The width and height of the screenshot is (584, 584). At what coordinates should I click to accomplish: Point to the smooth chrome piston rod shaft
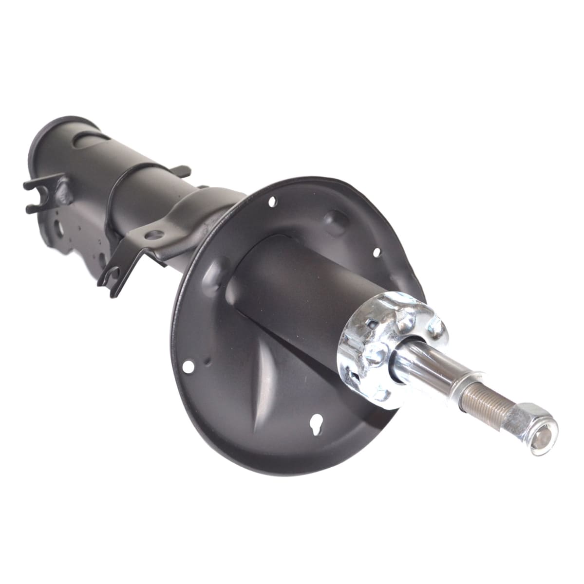[424, 363]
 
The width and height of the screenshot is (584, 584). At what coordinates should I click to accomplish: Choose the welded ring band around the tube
[119, 195]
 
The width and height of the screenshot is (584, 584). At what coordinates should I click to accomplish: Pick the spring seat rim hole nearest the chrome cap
[376, 252]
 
